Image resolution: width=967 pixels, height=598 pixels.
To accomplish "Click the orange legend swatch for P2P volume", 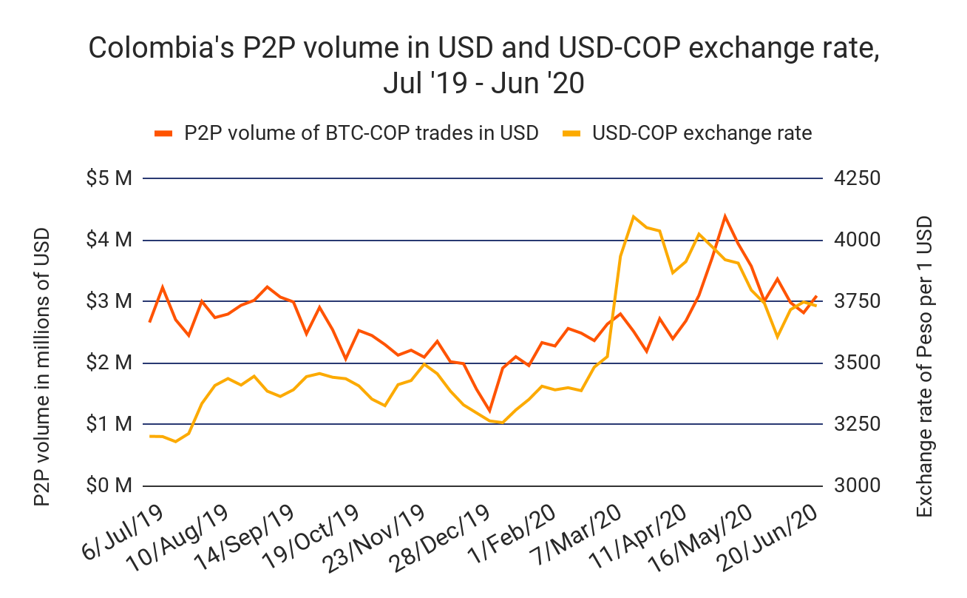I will [x=163, y=133].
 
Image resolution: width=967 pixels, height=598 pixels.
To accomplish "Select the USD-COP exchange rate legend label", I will [x=702, y=133].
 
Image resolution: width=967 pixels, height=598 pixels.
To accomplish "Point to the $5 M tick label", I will [x=109, y=179].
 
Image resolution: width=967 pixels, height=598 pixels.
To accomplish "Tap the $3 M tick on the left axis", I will [x=109, y=302].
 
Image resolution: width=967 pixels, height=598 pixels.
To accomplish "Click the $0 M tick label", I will [x=109, y=486].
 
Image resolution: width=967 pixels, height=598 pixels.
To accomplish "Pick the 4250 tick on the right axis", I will [x=855, y=179].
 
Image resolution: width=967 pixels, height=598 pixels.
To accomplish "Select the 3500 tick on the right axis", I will [x=855, y=363].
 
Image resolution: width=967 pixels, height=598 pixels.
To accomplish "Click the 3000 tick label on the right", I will [x=855, y=486].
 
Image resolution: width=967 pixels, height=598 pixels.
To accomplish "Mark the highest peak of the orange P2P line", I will [x=725, y=216].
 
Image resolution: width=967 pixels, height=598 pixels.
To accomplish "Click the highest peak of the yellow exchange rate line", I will [x=634, y=216].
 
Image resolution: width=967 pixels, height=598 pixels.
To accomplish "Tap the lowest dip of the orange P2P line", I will [x=489, y=410].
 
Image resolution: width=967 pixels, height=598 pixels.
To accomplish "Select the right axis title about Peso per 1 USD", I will [x=924, y=367].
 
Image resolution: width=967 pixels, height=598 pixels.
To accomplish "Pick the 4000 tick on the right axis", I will [x=855, y=241].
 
